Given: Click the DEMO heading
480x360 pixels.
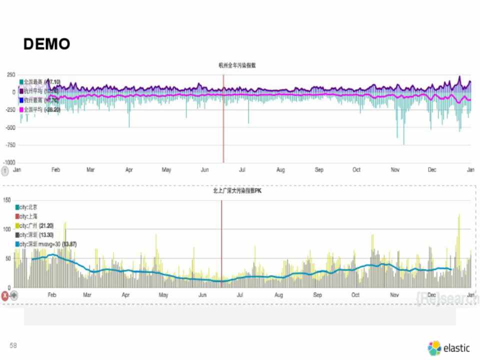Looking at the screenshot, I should pos(46,44).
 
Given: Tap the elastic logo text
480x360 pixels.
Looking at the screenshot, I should pos(457,348).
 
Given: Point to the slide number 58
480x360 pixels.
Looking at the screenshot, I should pos(13,345).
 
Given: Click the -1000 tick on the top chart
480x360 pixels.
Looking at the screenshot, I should pos(9,162).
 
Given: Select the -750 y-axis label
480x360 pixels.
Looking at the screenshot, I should pos(9,145).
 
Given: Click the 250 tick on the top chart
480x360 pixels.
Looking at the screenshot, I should pos(11,74).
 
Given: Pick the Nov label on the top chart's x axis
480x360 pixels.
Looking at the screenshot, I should pos(395,170).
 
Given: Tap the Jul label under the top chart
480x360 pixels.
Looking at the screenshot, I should pos(242,170).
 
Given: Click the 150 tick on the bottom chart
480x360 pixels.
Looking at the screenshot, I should pos(7,200).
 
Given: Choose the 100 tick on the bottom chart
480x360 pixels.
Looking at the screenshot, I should pos(7,229).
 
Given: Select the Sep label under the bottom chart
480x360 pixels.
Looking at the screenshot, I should pos(317,295).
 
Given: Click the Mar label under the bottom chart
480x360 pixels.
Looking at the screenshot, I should pos(87,295).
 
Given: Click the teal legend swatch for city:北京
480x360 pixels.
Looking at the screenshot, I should pos(17,207).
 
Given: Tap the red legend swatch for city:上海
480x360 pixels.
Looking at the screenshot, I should pos(17,216).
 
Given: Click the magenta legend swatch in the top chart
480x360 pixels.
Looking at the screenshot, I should pos(21,109).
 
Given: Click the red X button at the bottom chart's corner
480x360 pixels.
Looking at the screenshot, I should pos(5,295).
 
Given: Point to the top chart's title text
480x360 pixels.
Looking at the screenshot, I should pos(237,65).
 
